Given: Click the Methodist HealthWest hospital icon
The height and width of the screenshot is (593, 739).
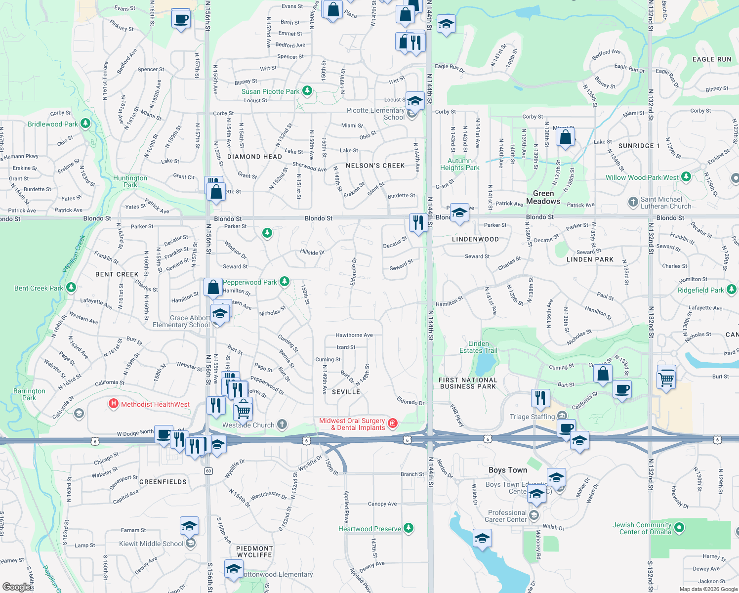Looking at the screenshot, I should point(114,404).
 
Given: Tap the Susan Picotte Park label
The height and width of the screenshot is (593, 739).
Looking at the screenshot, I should point(270,91).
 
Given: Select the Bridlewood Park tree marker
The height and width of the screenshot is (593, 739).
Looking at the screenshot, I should point(85,123).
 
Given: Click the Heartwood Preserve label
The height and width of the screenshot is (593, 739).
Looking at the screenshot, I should point(369,529).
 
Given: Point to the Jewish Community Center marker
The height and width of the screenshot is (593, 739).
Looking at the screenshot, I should point(679,528).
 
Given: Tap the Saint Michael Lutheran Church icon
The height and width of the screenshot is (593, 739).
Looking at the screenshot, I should point(633,202).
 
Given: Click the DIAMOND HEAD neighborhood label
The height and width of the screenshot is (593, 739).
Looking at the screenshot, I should point(254,157).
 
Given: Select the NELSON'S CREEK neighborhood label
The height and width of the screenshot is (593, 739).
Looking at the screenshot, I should point(375,166).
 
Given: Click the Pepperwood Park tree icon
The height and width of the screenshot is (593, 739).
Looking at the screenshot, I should point(285,282).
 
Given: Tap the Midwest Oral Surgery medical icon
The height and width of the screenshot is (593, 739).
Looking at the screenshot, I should point(393,423).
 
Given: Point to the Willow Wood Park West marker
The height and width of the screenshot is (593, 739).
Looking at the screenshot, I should point(686,176).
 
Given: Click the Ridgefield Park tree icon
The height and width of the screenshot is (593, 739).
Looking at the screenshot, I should point(732,289).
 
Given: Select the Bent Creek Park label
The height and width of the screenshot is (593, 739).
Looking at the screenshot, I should point(39,288).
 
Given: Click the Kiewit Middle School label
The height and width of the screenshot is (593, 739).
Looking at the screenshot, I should point(151,544).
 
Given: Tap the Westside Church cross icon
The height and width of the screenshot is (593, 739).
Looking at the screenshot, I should point(282,424).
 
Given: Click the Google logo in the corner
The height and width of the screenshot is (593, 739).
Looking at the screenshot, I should point(16,587).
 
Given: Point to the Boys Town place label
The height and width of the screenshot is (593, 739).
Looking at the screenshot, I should point(508,470).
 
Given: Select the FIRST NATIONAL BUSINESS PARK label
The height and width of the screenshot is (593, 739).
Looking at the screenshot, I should point(468,383).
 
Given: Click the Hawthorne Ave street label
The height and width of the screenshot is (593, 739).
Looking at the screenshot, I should point(354,335).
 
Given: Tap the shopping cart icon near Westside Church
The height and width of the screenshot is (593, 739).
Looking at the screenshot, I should point(243,410).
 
